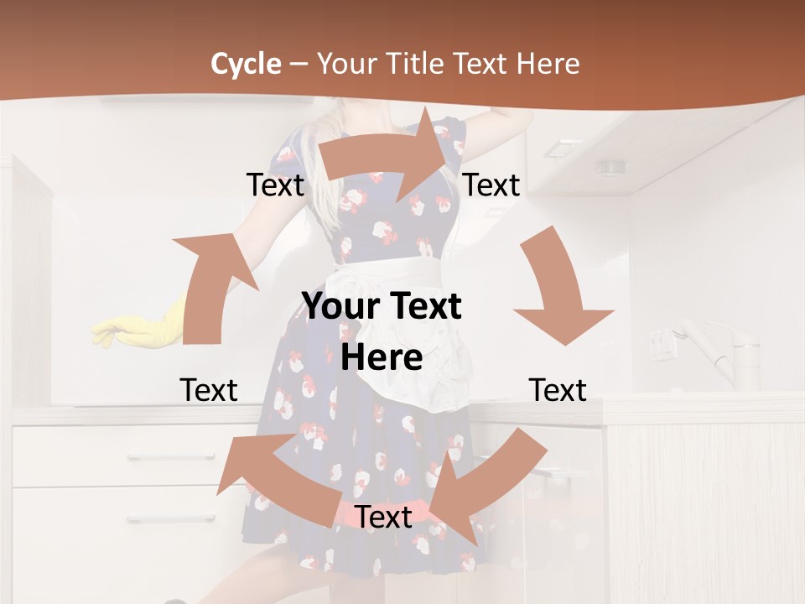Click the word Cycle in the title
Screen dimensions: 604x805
pyautogui.click(x=246, y=64)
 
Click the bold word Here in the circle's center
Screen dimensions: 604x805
pyautogui.click(x=382, y=358)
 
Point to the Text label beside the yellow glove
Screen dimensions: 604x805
pyautogui.click(x=209, y=390)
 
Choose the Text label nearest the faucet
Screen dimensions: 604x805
pyautogui.click(x=558, y=390)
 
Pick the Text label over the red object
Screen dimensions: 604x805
pyautogui.click(x=383, y=518)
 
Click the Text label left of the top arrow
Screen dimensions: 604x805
pyautogui.click(x=276, y=185)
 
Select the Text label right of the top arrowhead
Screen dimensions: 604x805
pyautogui.click(x=491, y=185)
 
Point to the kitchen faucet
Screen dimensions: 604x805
pyautogui.click(x=721, y=352)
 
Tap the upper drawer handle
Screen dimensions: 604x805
pyautogui.click(x=159, y=456)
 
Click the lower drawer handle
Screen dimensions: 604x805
pyautogui.click(x=159, y=519)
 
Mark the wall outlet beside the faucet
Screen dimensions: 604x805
pyautogui.click(x=662, y=344)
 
